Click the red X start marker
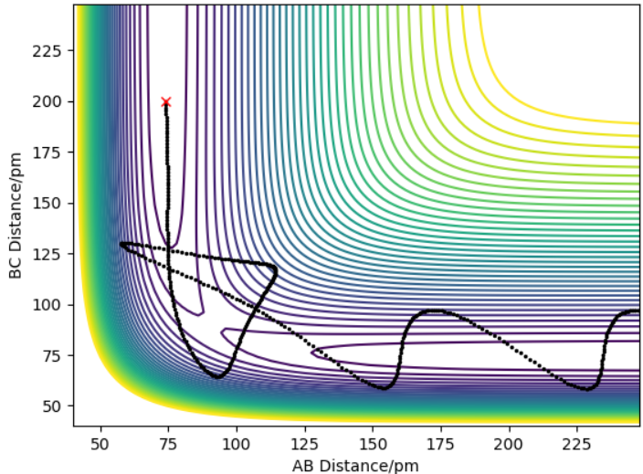pos(165,102)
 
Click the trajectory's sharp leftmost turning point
pos(121,244)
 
